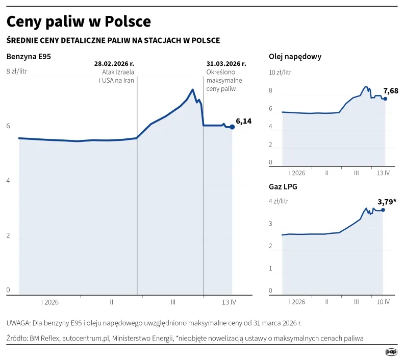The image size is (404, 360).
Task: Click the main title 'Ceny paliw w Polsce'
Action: (79, 21)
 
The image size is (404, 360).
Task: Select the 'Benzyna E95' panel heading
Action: (29, 57)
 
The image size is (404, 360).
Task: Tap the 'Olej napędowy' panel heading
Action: (295, 57)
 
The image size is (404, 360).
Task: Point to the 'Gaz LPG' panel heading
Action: (283, 186)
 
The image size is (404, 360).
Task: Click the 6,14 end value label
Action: (244, 122)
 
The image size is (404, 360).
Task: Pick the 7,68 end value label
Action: (390, 91)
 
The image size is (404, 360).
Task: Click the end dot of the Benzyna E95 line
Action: (232, 127)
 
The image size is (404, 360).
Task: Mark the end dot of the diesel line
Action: (385, 99)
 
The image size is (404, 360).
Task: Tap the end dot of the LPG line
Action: (383, 210)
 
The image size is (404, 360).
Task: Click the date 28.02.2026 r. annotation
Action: (114, 64)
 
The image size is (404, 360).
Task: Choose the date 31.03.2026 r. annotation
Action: (226, 64)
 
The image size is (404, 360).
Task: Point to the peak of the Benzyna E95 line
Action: (192, 90)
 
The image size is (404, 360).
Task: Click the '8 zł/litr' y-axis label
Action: (16, 71)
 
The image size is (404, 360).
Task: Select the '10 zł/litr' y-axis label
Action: (281, 73)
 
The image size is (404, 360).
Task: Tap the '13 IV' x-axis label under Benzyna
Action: (229, 302)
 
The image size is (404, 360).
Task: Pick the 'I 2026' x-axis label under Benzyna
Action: (50, 302)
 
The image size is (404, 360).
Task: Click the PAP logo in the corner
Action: (391, 351)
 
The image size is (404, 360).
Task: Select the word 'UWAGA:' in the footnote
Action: (18, 323)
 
